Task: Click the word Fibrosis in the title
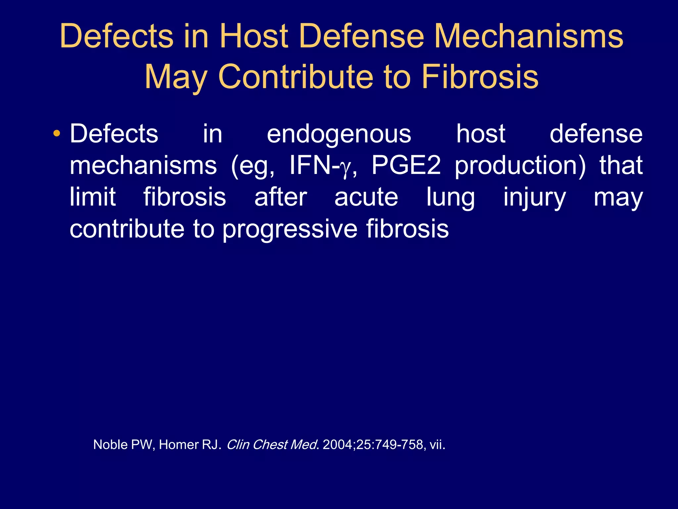[480, 77]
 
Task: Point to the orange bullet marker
[57, 134]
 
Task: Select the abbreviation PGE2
[406, 165]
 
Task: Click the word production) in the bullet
[520, 165]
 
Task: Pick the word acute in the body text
[366, 197]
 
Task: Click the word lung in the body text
[451, 197]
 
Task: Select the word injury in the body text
[534, 197]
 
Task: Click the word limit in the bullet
[92, 197]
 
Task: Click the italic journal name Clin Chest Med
[271, 444]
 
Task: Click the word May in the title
[175, 77]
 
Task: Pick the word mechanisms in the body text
[143, 165]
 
